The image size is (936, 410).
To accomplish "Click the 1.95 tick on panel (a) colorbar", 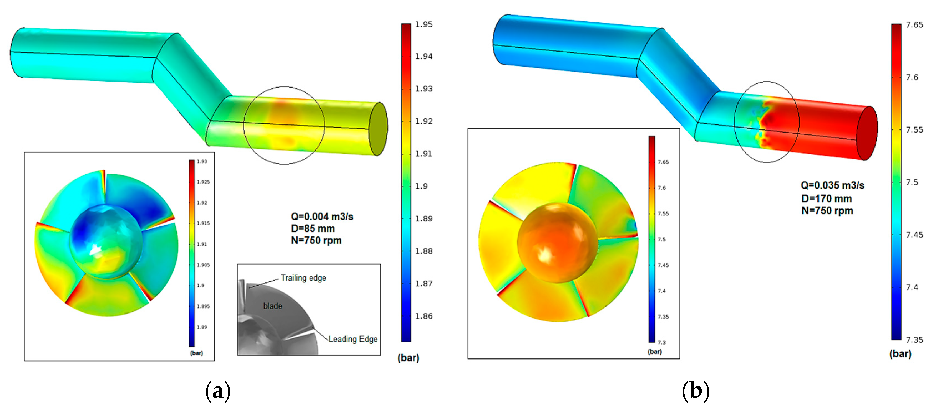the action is pos(424,24).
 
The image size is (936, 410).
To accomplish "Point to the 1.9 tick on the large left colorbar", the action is pos(422,186).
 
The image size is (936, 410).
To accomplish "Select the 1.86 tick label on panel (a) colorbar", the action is pos(424,316).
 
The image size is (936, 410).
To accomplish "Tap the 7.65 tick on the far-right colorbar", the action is pos(914,25).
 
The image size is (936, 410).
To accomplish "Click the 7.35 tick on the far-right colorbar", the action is pos(914,340).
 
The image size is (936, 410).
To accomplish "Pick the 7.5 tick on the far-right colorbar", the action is pos(912,182).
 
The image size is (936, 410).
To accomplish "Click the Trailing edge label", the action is pos(303,278).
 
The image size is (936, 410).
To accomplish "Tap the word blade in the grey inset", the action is pos(273,306).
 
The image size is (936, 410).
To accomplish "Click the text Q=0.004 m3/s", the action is pos(322,217).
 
